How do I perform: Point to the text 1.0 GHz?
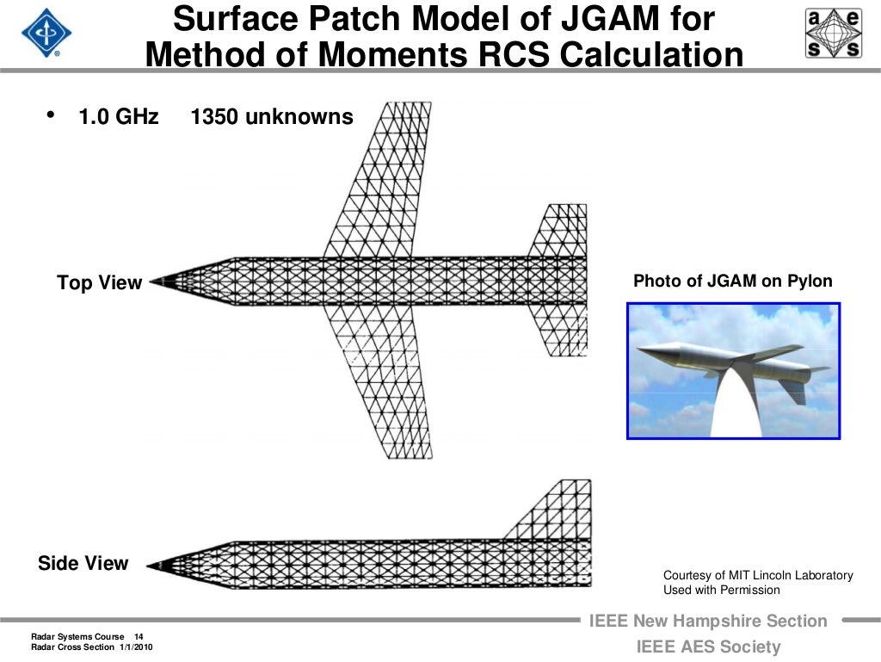119,117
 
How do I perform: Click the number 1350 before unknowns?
214,117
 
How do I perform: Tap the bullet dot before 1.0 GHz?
50,114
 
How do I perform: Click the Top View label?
99,283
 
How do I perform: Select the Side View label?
83,564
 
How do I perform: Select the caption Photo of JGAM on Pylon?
732,282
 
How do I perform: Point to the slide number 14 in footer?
139,636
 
